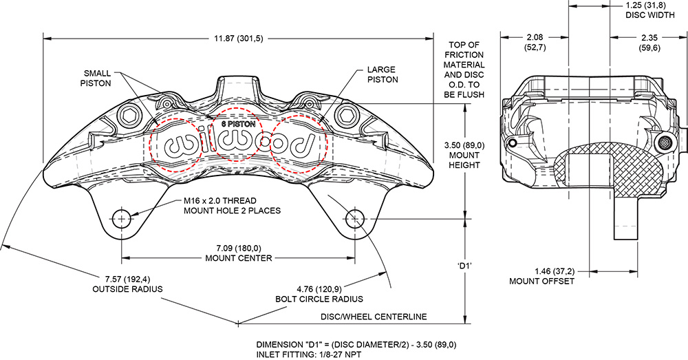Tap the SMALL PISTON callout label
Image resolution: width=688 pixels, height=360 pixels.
97,78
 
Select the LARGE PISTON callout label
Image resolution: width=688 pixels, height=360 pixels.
383,74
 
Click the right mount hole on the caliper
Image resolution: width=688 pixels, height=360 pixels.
355,219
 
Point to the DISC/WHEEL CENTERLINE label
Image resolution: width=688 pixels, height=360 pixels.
374,317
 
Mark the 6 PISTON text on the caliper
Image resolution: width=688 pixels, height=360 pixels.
238,124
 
